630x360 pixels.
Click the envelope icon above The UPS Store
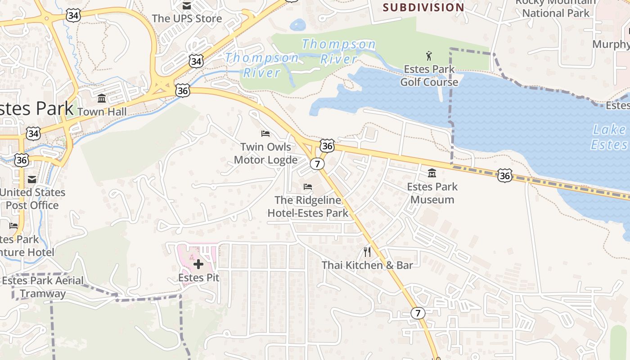point(186,6)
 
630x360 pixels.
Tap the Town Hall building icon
point(102,98)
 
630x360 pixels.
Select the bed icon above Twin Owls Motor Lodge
point(265,134)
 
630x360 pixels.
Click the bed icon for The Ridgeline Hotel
point(308,186)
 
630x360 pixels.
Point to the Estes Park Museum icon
point(432,173)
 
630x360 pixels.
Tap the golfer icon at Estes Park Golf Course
point(428,56)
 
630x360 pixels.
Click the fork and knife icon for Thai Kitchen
point(367,252)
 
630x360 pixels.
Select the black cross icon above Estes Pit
point(198,264)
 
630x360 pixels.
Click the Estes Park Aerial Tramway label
point(43,287)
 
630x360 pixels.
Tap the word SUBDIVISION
point(423,8)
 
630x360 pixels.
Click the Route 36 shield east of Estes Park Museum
point(504,175)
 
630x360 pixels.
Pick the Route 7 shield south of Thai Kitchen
point(418,313)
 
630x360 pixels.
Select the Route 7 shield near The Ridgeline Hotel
point(317,164)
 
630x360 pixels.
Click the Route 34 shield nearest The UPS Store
point(196,61)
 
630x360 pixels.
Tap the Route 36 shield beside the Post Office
point(21,160)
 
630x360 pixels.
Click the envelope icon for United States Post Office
point(32,180)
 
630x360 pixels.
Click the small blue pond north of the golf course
point(297,25)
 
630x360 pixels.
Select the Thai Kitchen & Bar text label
point(367,265)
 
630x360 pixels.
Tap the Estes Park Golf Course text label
point(429,76)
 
